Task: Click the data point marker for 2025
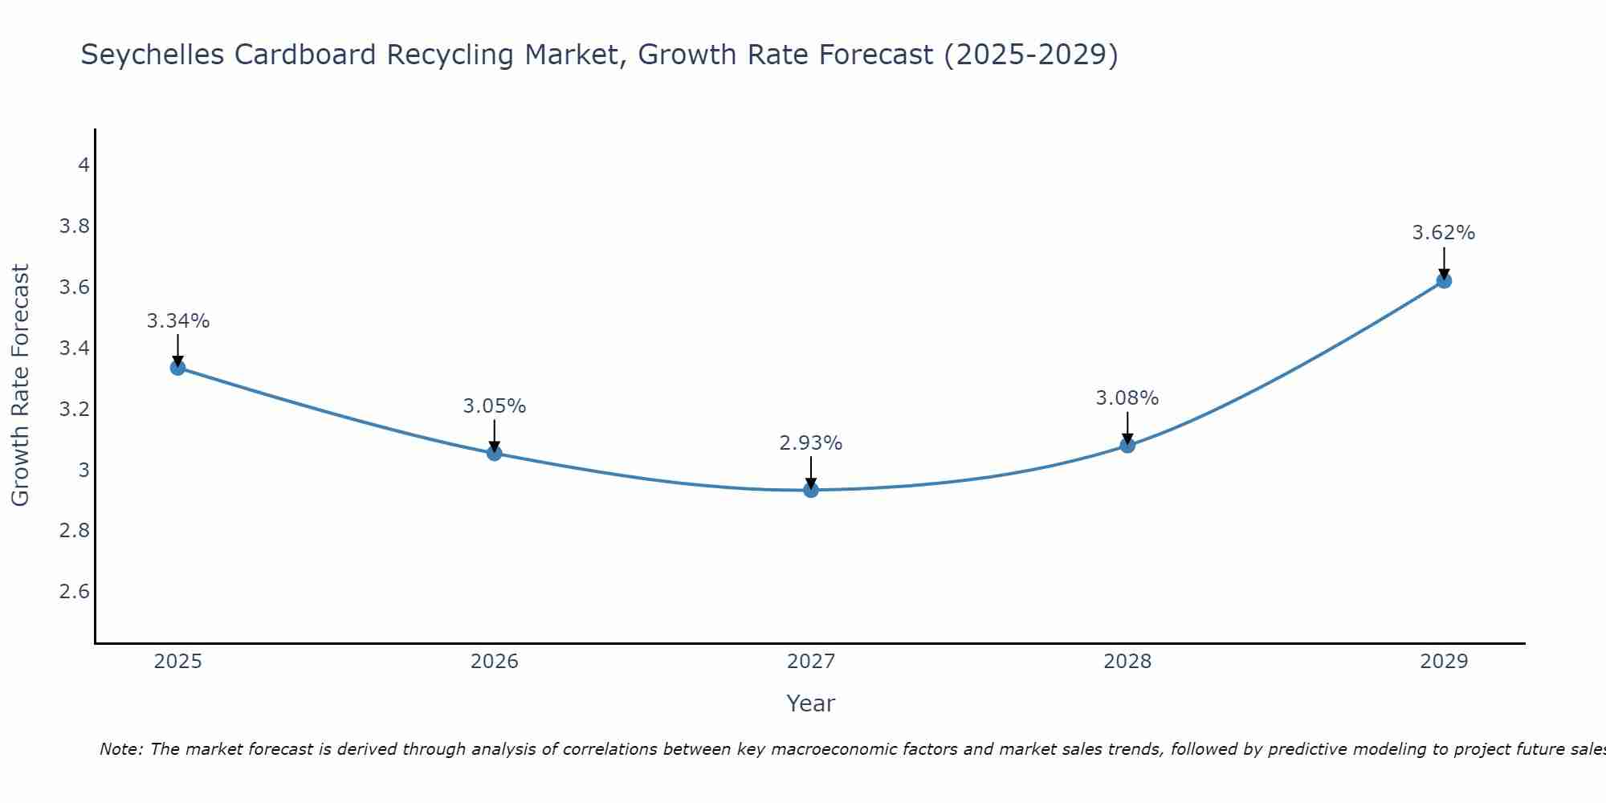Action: [x=177, y=368]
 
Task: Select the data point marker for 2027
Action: [x=811, y=490]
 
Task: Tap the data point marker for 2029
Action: [x=1444, y=281]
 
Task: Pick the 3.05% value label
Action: [x=494, y=406]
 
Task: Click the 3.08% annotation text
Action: [x=1127, y=398]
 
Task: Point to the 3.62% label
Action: [x=1444, y=233]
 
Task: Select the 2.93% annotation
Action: [x=811, y=443]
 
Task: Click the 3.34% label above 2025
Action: [x=177, y=321]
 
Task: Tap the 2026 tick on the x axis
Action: [x=494, y=662]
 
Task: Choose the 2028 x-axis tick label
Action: [x=1127, y=662]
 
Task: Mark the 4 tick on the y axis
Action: [x=84, y=165]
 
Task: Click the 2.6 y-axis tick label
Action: [x=75, y=592]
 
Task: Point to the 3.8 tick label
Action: [x=75, y=226]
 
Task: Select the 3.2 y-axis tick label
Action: [x=75, y=410]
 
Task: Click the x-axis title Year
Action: [x=811, y=703]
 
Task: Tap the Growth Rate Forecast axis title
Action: [x=21, y=385]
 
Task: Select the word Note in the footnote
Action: [x=120, y=749]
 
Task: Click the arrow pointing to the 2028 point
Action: [x=1127, y=427]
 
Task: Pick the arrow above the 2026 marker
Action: [x=494, y=435]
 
